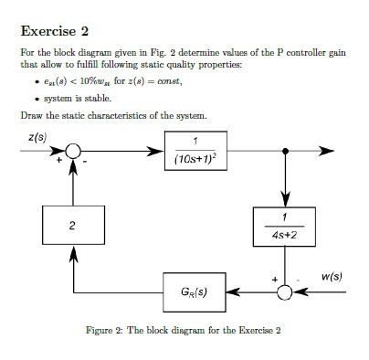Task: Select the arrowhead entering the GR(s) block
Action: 239,293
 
